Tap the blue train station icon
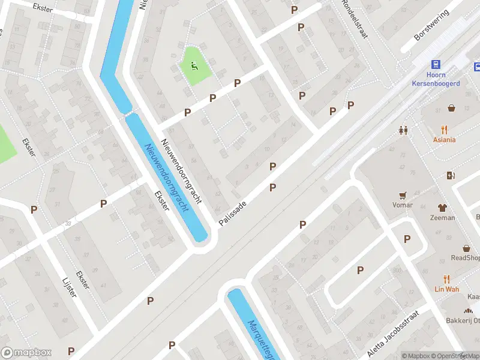click(x=436, y=65)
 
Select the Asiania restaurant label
click(x=444, y=140)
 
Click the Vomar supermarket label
click(x=403, y=205)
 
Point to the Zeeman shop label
click(x=442, y=218)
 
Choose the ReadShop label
click(x=466, y=258)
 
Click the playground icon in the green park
click(x=194, y=66)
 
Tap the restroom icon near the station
click(x=404, y=130)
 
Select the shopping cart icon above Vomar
click(x=403, y=195)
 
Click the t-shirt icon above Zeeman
click(x=442, y=208)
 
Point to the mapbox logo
click(x=26, y=353)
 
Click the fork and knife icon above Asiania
click(x=444, y=130)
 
